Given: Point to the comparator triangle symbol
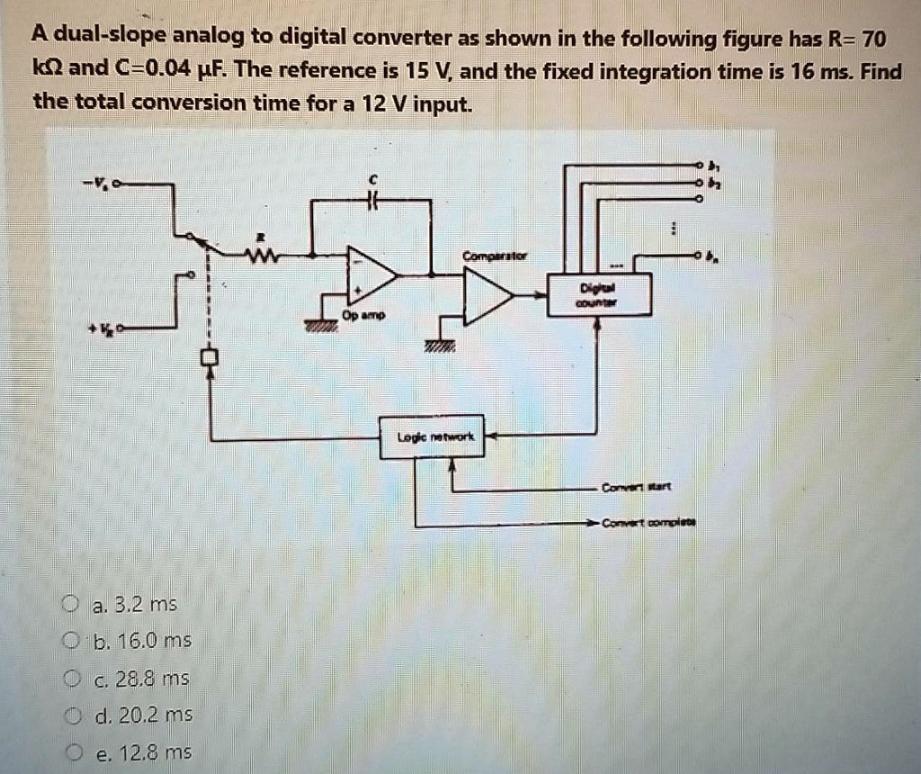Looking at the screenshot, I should coord(486,295).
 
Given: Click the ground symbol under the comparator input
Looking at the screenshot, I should coord(440,345).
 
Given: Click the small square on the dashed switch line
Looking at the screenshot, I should coord(210,357).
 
